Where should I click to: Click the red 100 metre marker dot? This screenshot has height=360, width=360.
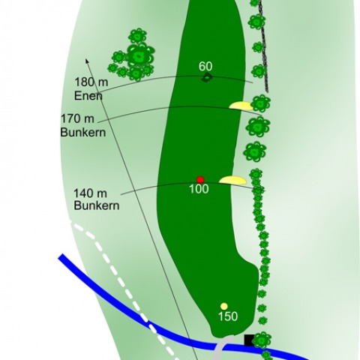200,180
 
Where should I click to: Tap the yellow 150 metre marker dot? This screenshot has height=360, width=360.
224,306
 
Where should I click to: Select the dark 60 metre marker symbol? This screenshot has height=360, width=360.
206,78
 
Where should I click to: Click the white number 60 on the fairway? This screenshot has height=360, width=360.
205,66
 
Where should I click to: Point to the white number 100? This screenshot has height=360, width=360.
199,189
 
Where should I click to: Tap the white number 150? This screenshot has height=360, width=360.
228,316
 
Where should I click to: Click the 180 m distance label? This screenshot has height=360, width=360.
91,82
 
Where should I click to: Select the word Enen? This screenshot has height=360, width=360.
88,96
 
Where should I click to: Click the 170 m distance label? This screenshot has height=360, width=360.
78,118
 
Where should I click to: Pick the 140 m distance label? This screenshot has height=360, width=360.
90,193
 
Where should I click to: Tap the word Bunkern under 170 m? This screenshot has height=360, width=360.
83,132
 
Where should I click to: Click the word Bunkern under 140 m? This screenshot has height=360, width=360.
97,205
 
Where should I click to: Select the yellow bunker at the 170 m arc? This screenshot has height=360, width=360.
241,106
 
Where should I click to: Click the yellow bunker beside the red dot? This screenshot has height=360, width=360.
232,180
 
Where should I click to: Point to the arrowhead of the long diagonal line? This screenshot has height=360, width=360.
87,61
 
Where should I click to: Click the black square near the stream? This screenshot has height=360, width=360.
249,340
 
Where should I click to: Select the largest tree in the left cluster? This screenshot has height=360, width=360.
139,57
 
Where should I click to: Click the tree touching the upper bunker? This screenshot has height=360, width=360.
261,103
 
